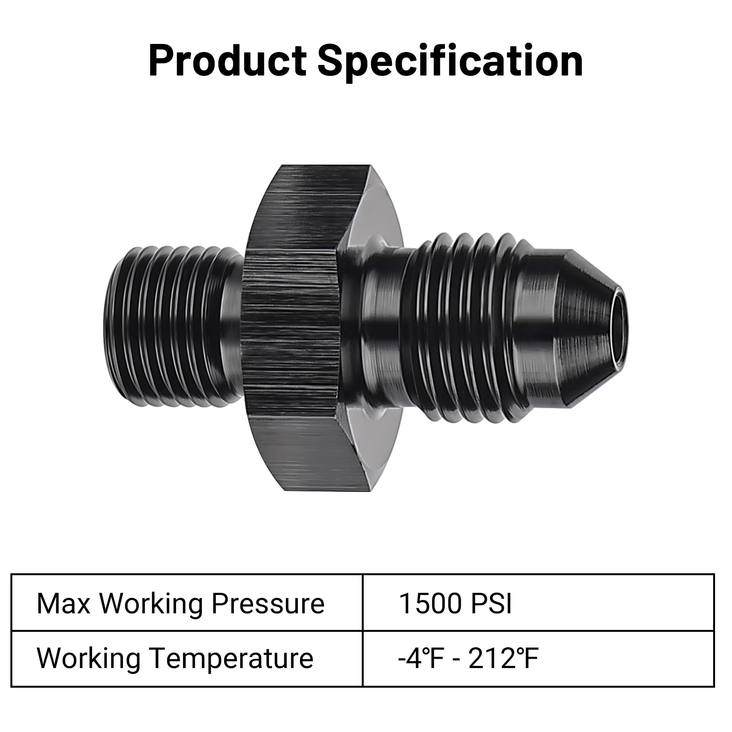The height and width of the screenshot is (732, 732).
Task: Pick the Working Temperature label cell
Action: [186, 658]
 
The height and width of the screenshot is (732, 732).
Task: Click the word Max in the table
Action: [63, 603]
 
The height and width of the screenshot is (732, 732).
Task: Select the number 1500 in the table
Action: [430, 603]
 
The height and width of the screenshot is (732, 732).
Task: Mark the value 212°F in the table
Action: [503, 658]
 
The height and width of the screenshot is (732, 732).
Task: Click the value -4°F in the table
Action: [420, 658]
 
